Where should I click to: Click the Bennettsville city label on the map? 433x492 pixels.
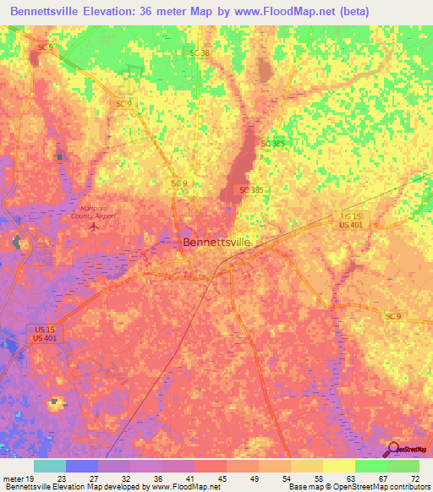coord(217,242)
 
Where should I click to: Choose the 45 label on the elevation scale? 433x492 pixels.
coord(223,478)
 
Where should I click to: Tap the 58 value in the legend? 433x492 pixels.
coord(319,478)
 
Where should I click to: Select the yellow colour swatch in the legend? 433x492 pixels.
coord(338,466)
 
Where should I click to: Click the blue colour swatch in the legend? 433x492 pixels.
coord(82,466)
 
